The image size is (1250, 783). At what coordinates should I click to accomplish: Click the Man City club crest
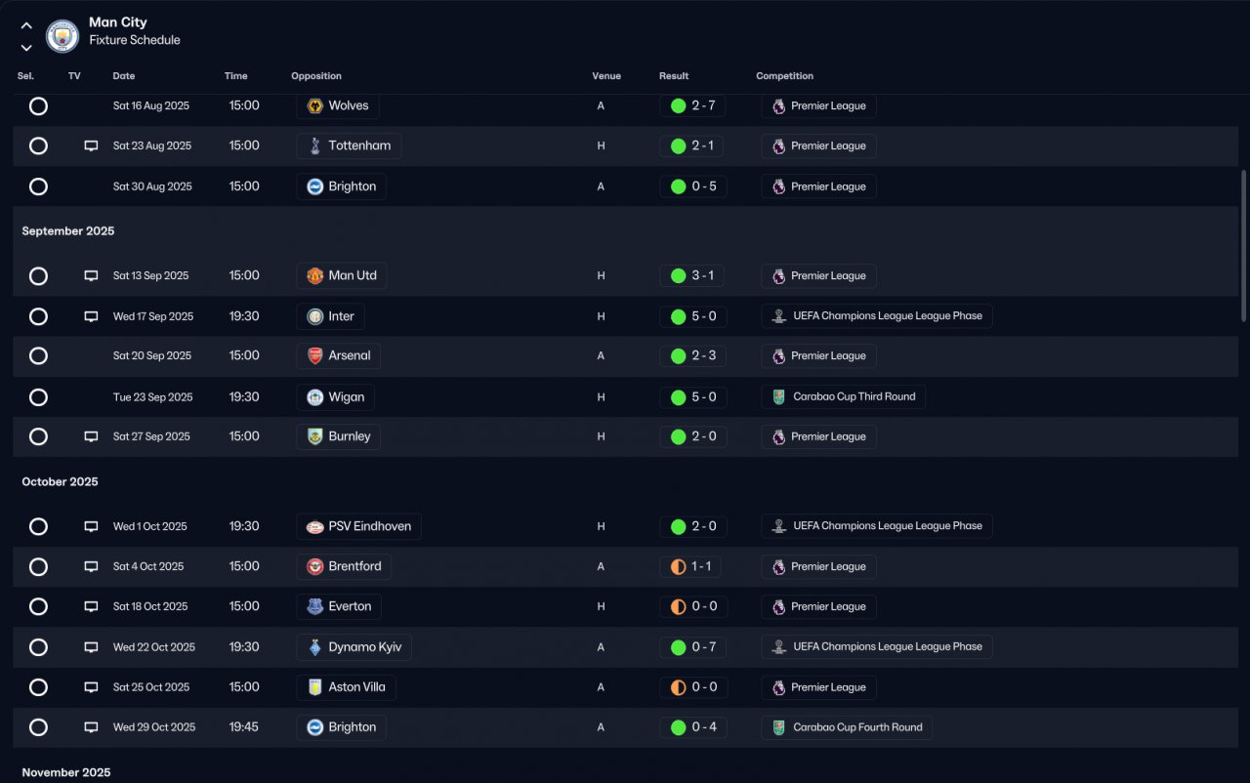pyautogui.click(x=62, y=36)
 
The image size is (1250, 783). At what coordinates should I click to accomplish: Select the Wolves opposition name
pyautogui.click(x=349, y=105)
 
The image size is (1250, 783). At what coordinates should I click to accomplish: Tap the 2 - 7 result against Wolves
pyautogui.click(x=703, y=105)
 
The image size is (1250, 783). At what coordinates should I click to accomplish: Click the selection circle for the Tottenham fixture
pyautogui.click(x=38, y=146)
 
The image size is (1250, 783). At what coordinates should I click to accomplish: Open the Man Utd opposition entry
pyautogui.click(x=342, y=275)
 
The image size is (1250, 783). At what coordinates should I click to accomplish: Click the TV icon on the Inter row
pyautogui.click(x=91, y=316)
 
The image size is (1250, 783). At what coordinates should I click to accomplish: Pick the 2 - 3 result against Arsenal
pyautogui.click(x=704, y=355)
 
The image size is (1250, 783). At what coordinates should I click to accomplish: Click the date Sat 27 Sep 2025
pyautogui.click(x=151, y=436)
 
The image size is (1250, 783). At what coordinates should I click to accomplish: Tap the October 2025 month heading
pyautogui.click(x=60, y=482)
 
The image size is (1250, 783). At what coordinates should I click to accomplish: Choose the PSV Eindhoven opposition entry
pyautogui.click(x=358, y=526)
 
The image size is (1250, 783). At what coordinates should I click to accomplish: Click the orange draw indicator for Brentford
pyautogui.click(x=678, y=567)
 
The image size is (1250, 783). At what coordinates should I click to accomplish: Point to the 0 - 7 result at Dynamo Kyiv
pyautogui.click(x=703, y=647)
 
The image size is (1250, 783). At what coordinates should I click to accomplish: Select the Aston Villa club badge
pyautogui.click(x=314, y=687)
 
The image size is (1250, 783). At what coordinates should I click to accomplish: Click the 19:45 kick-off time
pyautogui.click(x=244, y=727)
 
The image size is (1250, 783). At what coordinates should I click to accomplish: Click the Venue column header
pyautogui.click(x=606, y=76)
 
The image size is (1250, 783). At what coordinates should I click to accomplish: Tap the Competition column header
pyautogui.click(x=784, y=76)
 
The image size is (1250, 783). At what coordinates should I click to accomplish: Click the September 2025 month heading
pyautogui.click(x=68, y=230)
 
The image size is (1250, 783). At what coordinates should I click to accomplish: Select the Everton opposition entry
pyautogui.click(x=339, y=606)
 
